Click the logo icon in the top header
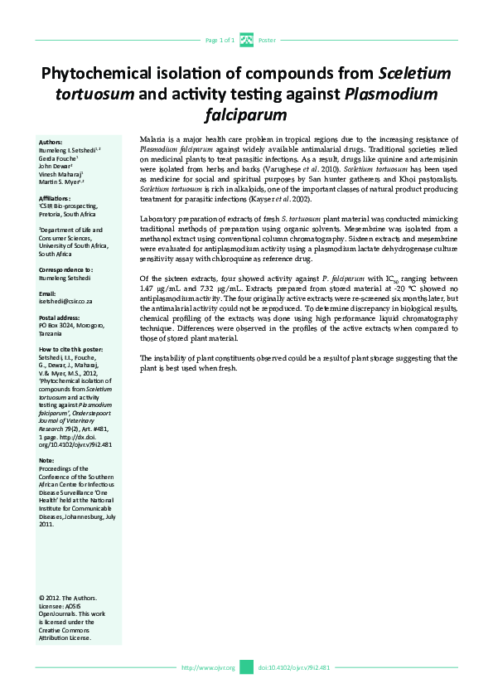point(246,39)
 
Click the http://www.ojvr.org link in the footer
point(208,667)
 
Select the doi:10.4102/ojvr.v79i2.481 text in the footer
point(294,667)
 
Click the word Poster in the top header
point(267,40)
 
